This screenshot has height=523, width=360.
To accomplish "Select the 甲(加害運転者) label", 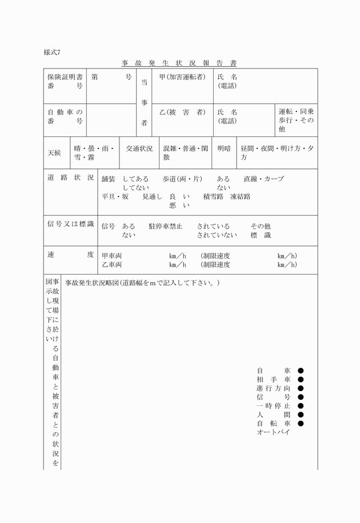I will pyautogui.click(x=182, y=77).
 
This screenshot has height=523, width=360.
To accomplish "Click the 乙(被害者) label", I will pyautogui.click(x=182, y=112).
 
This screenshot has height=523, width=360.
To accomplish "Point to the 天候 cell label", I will pyautogui.click(x=54, y=153).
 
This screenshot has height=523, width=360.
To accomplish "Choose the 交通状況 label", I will pyautogui.click(x=139, y=148).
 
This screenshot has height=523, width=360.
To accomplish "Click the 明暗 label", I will pyautogui.click(x=224, y=148).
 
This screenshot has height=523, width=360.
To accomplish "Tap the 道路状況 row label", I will pyautogui.click(x=70, y=178).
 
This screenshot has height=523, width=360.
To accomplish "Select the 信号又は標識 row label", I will pyautogui.click(x=70, y=224).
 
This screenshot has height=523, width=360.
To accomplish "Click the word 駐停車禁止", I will pyautogui.click(x=166, y=226).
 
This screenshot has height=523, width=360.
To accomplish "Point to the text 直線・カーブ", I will pyautogui.click(x=263, y=179).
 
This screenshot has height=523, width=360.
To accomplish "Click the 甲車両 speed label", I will pyautogui.click(x=111, y=256).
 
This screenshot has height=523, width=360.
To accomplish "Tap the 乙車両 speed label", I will pyautogui.click(x=111, y=265).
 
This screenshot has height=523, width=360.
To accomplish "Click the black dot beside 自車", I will pyautogui.click(x=301, y=371).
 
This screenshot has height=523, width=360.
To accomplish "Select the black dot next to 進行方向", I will pyautogui.click(x=301, y=388).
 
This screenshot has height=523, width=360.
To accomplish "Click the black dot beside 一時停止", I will pyautogui.click(x=301, y=406).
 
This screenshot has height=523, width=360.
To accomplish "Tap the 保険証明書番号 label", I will pyautogui.click(x=65, y=81).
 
